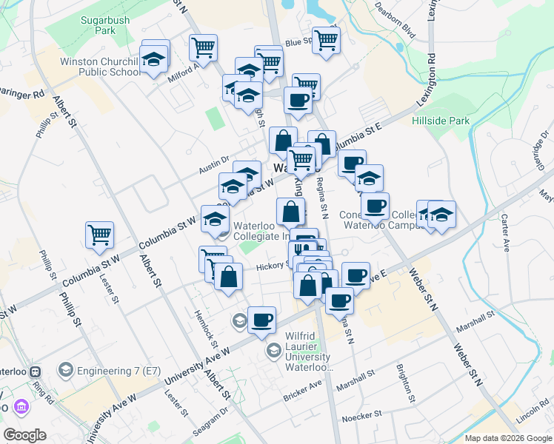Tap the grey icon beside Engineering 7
[x=65, y=369]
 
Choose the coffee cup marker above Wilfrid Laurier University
[x=262, y=320]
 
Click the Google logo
[x=24, y=435]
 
